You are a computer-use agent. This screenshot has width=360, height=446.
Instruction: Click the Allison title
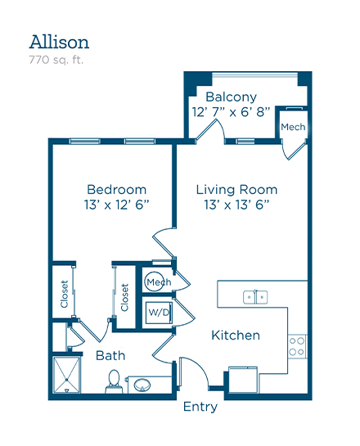point(59,42)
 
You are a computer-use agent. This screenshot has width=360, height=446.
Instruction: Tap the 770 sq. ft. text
point(56,60)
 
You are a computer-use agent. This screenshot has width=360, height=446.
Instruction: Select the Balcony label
point(231,97)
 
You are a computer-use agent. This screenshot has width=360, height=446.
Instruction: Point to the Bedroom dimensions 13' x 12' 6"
point(116,205)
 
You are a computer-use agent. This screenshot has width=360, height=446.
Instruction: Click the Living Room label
point(236,190)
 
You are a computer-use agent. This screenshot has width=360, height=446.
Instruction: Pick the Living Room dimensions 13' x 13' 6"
point(236,205)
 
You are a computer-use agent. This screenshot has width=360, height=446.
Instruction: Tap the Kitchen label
point(236,336)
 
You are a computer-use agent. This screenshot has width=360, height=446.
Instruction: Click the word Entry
point(200,407)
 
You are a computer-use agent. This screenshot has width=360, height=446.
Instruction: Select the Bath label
point(110,355)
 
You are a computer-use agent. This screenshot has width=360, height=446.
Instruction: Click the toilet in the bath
point(115,381)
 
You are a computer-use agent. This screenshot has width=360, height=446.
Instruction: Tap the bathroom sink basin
point(142,385)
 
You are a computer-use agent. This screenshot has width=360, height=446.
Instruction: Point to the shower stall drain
point(66,380)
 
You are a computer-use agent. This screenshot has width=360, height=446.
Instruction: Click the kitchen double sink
point(255,297)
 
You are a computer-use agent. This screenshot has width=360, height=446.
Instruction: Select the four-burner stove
point(297,346)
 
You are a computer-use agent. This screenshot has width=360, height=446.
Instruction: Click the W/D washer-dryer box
point(159,313)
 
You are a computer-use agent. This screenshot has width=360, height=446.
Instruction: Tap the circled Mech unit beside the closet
point(155,282)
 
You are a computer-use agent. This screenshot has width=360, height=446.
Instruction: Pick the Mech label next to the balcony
point(293,127)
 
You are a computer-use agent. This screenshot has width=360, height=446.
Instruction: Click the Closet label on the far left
point(65,294)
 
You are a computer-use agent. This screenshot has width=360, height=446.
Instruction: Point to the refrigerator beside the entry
point(243,380)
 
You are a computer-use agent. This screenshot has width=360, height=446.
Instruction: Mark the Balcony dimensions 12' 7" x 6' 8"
point(231,112)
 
